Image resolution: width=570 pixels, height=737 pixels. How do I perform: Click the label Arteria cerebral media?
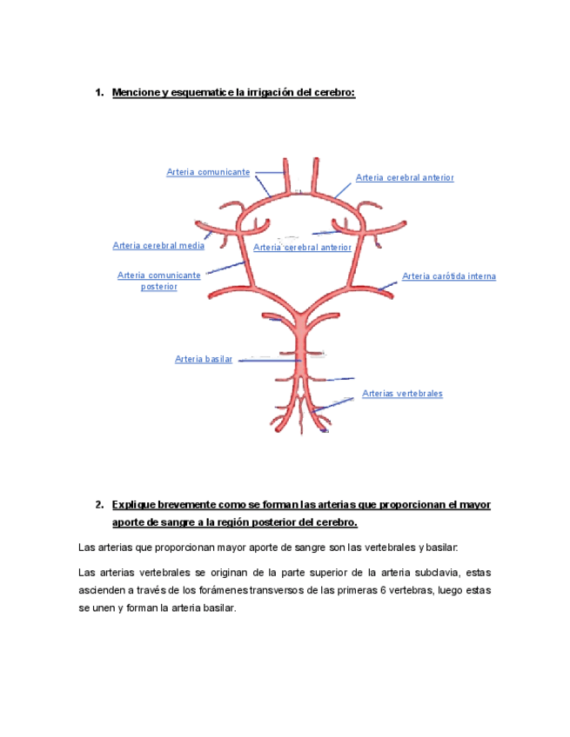click(158, 245)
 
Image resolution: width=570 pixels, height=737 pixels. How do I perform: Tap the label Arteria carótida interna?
click(448, 276)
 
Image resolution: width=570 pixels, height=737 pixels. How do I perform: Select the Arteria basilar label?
click(203, 359)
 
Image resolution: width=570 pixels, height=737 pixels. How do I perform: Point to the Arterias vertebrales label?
click(402, 394)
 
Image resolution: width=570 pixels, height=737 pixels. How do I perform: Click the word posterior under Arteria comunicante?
click(158, 287)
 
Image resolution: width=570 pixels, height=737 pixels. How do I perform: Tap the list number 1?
click(98, 93)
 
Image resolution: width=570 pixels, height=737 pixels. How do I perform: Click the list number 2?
click(98, 505)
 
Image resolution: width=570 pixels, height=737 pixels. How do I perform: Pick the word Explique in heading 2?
click(135, 505)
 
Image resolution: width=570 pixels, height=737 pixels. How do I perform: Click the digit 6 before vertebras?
click(372, 591)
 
